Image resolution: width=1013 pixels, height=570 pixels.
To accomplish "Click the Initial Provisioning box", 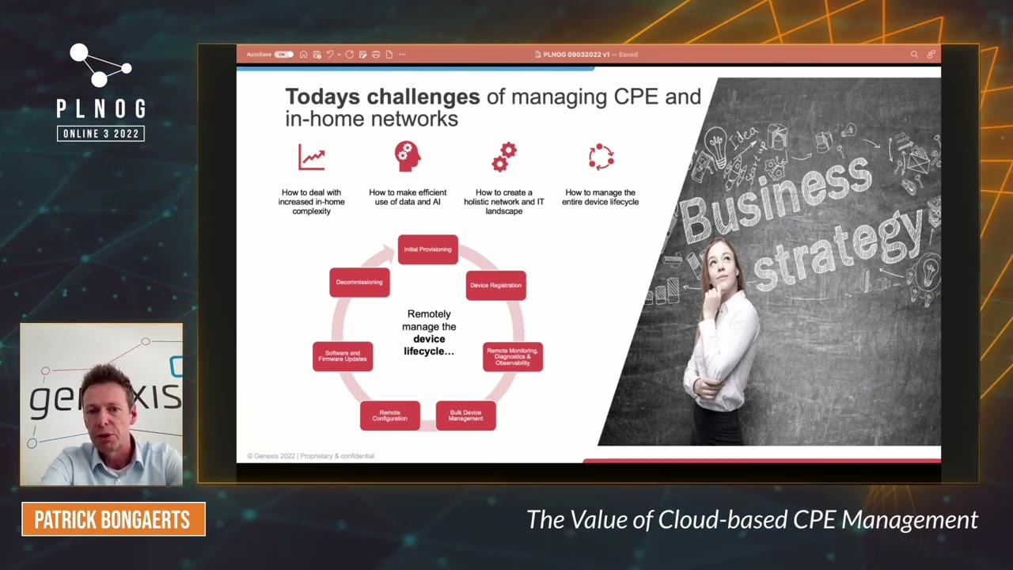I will click(427, 249).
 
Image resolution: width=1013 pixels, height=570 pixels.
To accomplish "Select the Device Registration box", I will click(495, 285).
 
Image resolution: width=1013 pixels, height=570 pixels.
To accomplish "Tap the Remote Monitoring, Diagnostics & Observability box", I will click(512, 356).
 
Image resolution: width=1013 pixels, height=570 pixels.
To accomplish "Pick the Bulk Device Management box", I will click(465, 415).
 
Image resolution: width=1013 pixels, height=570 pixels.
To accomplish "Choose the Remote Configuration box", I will click(389, 415).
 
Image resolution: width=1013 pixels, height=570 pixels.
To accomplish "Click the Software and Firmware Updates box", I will click(343, 356).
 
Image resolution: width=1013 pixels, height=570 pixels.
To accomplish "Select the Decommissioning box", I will click(359, 283).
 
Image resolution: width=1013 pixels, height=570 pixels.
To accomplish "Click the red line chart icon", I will click(312, 157).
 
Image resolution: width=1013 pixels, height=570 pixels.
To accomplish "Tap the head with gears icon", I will click(407, 157).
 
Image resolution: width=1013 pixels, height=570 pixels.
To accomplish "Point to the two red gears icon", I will click(504, 157).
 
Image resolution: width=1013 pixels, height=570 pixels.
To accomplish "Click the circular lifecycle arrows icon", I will click(601, 157).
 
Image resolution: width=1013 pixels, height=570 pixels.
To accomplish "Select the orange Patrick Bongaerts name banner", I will click(113, 519).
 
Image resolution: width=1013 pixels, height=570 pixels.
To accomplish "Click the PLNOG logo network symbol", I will click(100, 66).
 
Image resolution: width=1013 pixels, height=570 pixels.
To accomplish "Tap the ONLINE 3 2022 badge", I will click(101, 134).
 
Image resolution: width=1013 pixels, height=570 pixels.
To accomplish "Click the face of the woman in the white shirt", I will click(719, 265).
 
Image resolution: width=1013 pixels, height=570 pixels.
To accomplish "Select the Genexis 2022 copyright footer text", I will click(310, 456).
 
